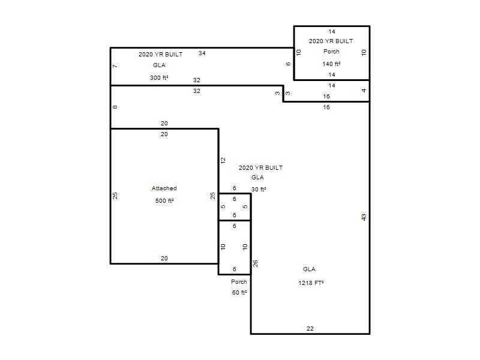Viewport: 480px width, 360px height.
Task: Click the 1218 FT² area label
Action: [311, 283]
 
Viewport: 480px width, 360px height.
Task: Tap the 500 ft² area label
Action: [164, 201]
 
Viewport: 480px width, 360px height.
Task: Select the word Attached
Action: [164, 188]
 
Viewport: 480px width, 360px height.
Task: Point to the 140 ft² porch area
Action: [331, 64]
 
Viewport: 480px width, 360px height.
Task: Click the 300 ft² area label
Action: [159, 78]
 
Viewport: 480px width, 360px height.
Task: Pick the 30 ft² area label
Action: [259, 190]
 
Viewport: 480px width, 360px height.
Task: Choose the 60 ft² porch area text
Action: [239, 293]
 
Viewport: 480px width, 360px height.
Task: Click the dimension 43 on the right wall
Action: [364, 217]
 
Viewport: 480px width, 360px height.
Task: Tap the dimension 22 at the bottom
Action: [310, 328]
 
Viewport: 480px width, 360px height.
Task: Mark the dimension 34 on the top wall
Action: [202, 53]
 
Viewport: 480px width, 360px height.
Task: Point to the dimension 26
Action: [256, 263]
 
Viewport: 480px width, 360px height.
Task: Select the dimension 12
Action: [223, 160]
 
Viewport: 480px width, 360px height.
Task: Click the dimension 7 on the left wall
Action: [115, 66]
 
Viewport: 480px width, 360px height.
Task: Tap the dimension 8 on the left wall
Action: [115, 107]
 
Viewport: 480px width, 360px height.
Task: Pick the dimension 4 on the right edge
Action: [364, 91]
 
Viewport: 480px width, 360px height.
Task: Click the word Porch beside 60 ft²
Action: [239, 281]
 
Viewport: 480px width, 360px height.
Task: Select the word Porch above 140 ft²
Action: [331, 52]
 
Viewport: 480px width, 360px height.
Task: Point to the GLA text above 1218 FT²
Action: [309, 269]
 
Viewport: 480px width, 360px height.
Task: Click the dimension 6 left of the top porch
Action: [288, 64]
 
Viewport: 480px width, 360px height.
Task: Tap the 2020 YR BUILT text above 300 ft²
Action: [160, 55]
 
